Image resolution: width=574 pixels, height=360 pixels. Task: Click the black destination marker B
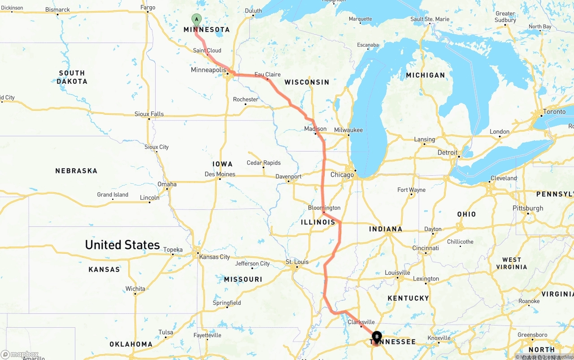tap(377, 336)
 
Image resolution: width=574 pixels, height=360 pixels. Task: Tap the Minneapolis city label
tap(209, 70)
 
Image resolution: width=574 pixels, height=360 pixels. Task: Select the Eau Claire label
tap(267, 74)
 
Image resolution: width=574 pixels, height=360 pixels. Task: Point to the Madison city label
tap(315, 129)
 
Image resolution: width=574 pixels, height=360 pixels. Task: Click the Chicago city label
tap(342, 174)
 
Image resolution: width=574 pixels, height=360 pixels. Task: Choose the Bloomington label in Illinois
tap(324, 208)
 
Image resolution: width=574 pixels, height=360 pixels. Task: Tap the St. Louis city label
tap(297, 262)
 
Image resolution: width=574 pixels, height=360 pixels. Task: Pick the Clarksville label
tap(361, 322)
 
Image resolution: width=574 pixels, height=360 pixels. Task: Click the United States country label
tap(122, 245)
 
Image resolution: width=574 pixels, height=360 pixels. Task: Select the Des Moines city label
tap(220, 174)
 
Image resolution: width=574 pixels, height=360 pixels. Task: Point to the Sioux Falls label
tap(149, 114)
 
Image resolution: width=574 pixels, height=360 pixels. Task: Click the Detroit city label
tap(448, 152)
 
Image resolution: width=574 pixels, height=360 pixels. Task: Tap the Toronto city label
tap(554, 111)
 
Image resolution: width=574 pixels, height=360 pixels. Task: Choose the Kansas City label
tap(214, 257)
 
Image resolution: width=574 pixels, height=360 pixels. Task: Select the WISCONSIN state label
tap(307, 82)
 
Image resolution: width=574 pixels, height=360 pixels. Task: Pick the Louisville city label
tap(397, 273)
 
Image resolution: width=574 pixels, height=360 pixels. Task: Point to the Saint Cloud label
tap(207, 51)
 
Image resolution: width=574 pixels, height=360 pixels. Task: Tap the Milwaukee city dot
tap(348, 135)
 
